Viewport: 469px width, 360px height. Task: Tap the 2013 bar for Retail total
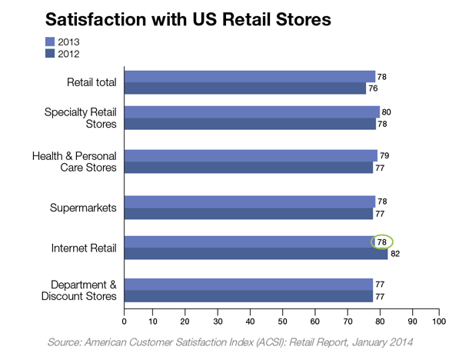tap(250, 76)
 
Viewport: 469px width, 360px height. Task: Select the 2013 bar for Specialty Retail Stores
tap(252, 112)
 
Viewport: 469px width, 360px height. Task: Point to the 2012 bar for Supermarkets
tap(248, 213)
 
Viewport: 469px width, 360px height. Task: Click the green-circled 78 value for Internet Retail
tap(381, 242)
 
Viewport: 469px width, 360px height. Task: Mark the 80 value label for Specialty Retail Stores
tap(387, 112)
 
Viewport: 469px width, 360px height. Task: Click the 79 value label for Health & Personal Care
tap(384, 156)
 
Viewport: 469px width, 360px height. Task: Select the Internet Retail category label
tap(84, 248)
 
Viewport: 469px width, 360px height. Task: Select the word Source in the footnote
tap(65, 340)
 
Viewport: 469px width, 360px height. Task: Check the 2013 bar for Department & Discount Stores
tap(248, 283)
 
